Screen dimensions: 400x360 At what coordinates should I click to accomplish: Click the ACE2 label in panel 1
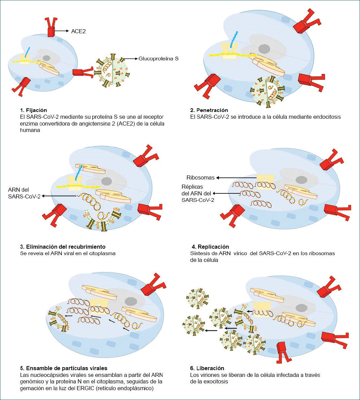78,31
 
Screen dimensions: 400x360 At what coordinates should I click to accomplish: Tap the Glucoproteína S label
158,58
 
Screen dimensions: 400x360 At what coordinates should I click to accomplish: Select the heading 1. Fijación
33,110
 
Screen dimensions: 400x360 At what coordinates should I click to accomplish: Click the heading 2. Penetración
209,110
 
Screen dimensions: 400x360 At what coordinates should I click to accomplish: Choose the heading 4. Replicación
211,247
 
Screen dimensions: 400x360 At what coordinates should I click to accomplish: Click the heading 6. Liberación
207,368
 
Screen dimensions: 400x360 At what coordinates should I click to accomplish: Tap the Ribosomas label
200,177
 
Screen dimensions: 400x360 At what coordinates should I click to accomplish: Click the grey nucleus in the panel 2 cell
264,49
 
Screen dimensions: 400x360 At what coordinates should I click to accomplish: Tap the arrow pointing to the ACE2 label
62,31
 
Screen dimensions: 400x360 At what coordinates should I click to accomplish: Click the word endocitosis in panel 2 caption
326,117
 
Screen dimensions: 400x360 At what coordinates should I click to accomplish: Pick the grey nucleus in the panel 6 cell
301,307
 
